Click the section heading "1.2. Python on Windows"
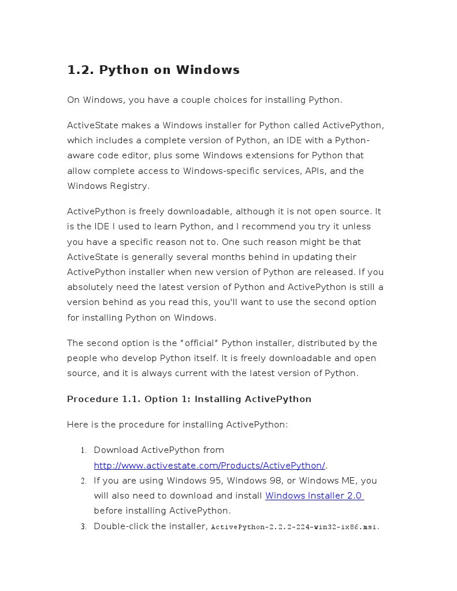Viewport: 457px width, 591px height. click(x=153, y=70)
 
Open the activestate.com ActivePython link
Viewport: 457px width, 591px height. click(x=210, y=466)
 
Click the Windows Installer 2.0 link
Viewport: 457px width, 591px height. click(x=314, y=496)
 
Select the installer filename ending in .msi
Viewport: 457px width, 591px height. click(x=294, y=527)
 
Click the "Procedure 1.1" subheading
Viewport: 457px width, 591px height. click(x=189, y=399)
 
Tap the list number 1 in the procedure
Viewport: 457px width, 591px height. click(x=83, y=451)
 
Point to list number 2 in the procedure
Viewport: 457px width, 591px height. click(x=83, y=481)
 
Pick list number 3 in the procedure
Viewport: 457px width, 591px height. click(x=83, y=526)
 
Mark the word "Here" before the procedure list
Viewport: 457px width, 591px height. click(x=77, y=425)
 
